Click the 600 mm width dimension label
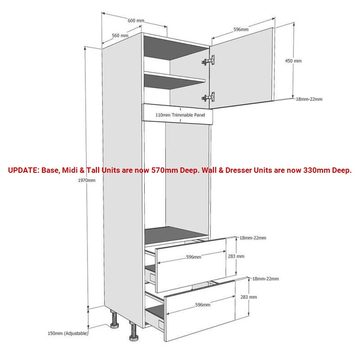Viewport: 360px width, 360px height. tap(136, 21)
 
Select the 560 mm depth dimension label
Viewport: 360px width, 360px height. tap(120, 36)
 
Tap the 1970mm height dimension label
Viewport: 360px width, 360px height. tap(86, 180)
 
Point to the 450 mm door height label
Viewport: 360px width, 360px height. tap(293, 61)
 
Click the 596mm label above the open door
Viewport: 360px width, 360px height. tap(241, 29)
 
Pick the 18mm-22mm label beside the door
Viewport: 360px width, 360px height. tap(309, 99)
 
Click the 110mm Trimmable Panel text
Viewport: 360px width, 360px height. tap(180, 115)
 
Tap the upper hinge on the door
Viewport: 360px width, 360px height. tap(208, 60)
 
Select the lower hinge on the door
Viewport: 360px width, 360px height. tap(208, 97)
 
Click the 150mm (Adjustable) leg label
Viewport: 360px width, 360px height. tap(68, 333)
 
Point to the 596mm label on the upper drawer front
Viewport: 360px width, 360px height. tap(193, 257)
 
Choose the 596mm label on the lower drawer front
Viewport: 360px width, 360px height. tap(203, 305)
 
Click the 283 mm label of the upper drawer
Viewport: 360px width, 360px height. tap(236, 256)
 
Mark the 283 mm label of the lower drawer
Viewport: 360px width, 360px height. tap(249, 297)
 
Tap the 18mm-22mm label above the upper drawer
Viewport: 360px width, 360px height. tap(253, 238)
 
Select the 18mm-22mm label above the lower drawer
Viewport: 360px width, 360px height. tap(265, 279)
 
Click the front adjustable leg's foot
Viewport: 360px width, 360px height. tap(133, 338)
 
